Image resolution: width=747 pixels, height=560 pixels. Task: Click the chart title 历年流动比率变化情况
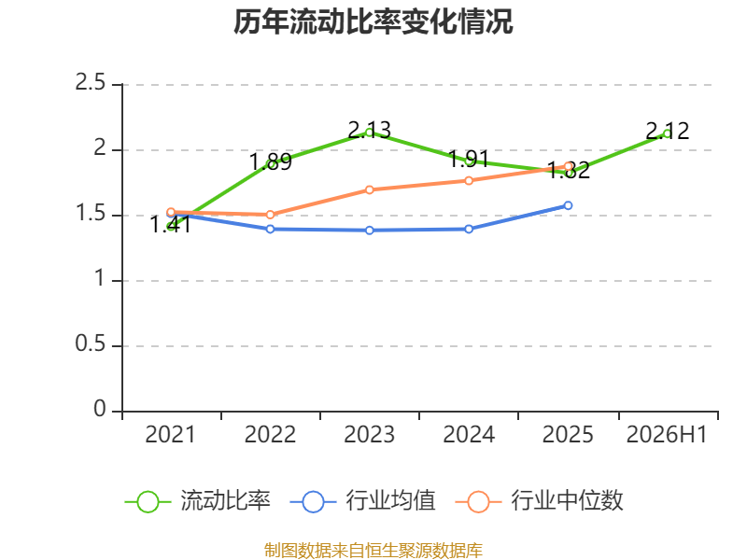tap(373, 21)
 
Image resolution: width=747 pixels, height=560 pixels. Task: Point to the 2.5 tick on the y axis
tap(90, 83)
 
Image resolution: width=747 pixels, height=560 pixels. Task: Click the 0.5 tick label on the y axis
tap(90, 343)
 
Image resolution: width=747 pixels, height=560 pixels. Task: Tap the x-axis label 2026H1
tap(667, 435)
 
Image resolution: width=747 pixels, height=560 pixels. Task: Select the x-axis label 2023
tap(369, 435)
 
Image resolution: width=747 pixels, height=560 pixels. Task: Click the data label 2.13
tap(369, 130)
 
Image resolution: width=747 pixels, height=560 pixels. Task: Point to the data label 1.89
tap(270, 161)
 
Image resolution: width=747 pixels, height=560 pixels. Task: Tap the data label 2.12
tap(668, 131)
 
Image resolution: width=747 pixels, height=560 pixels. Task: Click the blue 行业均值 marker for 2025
tap(568, 205)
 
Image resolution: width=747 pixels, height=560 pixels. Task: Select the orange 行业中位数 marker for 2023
tap(369, 190)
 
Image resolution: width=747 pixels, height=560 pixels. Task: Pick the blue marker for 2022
tap(270, 229)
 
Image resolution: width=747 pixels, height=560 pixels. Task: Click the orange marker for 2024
tap(469, 180)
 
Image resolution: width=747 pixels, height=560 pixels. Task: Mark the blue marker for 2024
tap(469, 229)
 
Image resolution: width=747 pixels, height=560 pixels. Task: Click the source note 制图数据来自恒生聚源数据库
tap(373, 551)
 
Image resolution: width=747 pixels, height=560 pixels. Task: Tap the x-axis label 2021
tap(170, 435)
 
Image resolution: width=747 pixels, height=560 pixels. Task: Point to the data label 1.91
tap(469, 159)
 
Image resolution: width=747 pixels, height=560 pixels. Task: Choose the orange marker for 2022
tap(270, 215)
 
